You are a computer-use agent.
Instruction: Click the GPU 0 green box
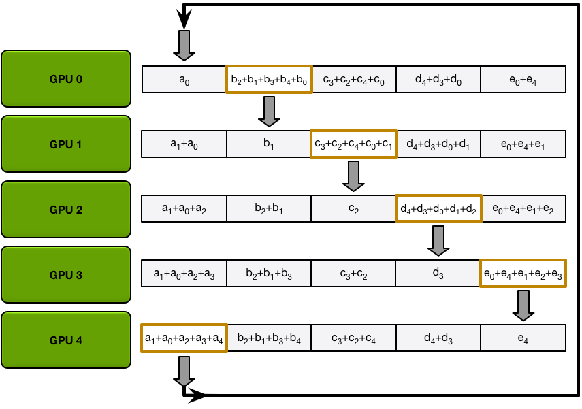tap(66, 79)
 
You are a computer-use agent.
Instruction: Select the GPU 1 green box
tap(66, 144)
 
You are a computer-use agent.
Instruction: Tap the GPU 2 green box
tap(66, 210)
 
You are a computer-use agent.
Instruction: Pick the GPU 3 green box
tap(66, 275)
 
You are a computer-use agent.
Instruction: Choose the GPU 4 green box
tap(66, 340)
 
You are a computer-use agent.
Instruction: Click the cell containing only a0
tap(184, 80)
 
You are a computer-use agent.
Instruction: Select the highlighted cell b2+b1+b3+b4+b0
tap(269, 80)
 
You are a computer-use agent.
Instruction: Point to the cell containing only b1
tap(269, 144)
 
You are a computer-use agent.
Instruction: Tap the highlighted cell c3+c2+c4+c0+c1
tap(353, 144)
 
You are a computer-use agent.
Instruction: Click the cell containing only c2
tap(353, 209)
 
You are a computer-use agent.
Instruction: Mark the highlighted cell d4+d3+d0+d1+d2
tap(438, 209)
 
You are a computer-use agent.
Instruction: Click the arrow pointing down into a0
tap(184, 46)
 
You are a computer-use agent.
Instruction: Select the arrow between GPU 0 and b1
tap(269, 111)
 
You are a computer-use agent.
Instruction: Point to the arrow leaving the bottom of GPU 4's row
tap(184, 371)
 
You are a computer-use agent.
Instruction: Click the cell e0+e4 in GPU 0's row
tap(523, 80)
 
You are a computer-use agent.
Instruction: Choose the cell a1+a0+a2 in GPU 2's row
tap(184, 209)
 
